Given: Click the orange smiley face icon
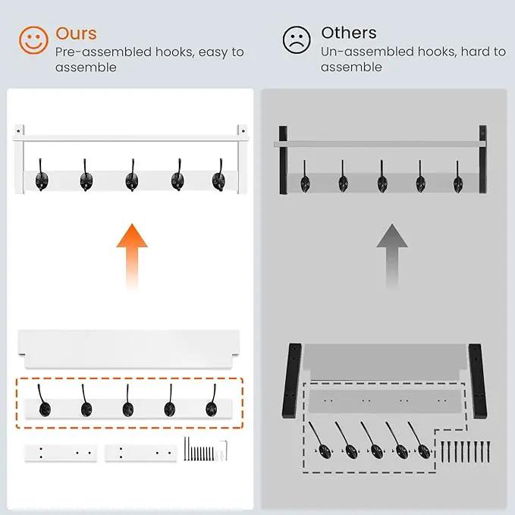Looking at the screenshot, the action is click(x=33, y=40).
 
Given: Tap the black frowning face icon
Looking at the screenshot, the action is click(x=297, y=39).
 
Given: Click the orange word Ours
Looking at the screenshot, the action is click(x=76, y=33).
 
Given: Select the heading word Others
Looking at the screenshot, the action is click(x=349, y=33).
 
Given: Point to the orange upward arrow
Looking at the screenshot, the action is click(x=132, y=256).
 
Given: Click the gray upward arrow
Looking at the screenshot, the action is click(x=392, y=256).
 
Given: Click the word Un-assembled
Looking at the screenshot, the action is click(x=366, y=52).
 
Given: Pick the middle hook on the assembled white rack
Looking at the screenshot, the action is click(x=131, y=175).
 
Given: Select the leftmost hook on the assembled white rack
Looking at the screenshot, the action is click(x=42, y=175).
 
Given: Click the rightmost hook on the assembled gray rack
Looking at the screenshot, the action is click(x=458, y=177).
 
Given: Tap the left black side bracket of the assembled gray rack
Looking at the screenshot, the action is click(x=283, y=160).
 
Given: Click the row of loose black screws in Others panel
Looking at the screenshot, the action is click(x=466, y=451).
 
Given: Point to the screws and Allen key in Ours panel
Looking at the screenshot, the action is click(x=206, y=449).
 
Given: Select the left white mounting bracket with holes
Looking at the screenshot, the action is click(x=61, y=453).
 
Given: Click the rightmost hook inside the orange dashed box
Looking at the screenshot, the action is click(x=212, y=401).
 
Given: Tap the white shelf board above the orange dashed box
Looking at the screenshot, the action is click(x=129, y=349).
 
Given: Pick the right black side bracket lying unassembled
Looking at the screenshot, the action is click(x=478, y=381).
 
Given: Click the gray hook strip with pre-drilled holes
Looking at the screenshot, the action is click(x=385, y=400).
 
